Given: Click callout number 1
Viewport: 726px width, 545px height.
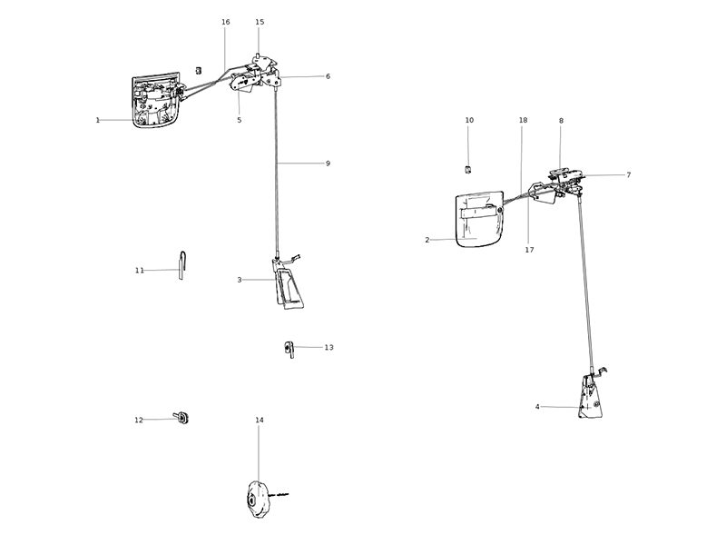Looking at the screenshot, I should point(97,120).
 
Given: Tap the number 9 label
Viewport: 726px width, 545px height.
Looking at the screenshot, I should point(328,163).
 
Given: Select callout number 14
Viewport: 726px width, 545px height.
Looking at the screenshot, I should point(260,421).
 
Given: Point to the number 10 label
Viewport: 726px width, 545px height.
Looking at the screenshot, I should point(469,120).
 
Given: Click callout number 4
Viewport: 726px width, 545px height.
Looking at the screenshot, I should point(537,407).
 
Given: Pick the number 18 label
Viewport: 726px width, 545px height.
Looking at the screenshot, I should point(523,120).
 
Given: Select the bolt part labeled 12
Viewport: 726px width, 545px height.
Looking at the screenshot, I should point(182,417).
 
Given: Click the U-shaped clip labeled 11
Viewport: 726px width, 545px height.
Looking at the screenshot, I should point(182,265).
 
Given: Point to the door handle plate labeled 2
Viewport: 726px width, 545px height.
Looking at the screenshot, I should point(478,220).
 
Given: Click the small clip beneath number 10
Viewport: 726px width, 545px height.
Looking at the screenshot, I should point(469,168).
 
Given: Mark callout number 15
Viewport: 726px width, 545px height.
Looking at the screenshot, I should point(260,22).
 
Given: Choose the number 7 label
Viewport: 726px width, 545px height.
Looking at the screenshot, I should point(628,174).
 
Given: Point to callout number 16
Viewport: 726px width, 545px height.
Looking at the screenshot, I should point(225,22).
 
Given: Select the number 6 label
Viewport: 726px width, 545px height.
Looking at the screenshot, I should point(328,76).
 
